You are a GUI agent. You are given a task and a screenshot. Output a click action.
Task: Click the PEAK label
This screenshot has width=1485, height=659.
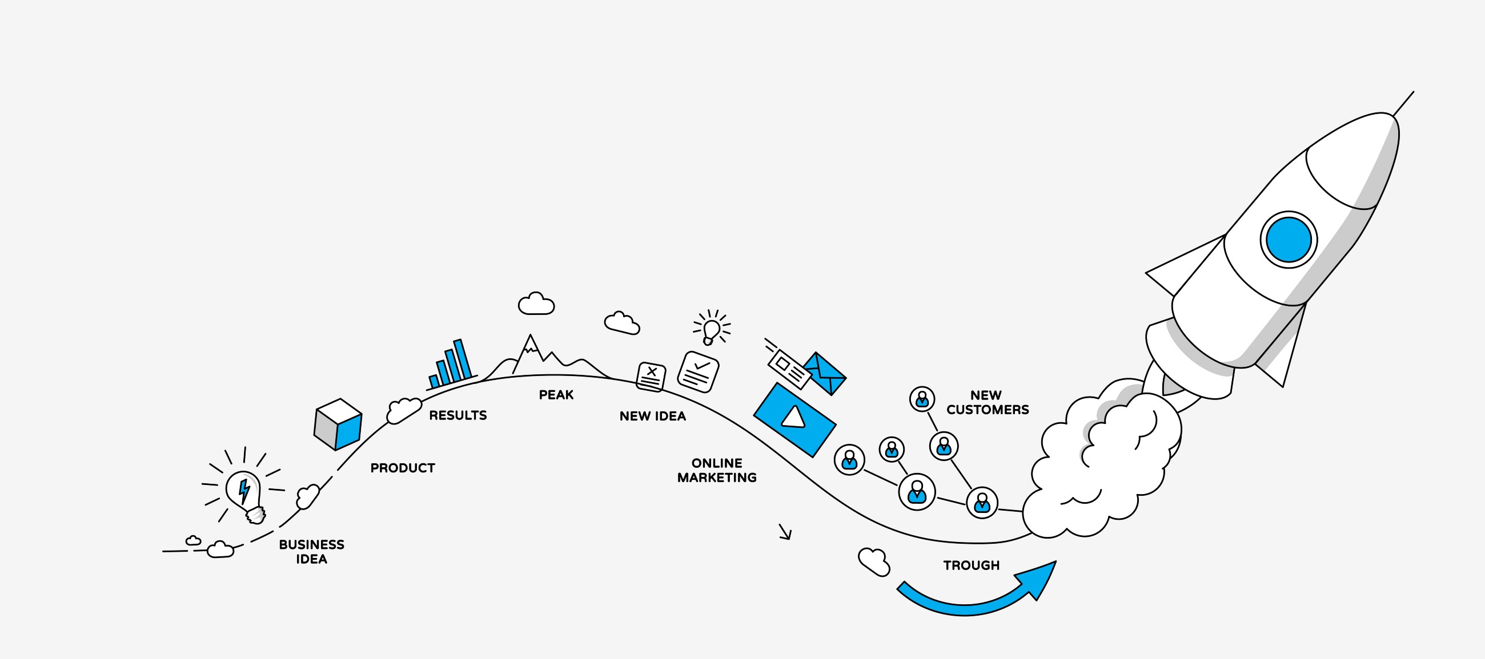point(556,395)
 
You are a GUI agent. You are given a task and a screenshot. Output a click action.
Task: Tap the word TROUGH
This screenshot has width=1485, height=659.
point(972,565)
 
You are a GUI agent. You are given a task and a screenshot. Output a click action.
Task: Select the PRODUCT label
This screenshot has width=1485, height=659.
point(403,468)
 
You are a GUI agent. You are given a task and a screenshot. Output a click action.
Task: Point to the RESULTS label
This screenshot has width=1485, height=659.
point(457,415)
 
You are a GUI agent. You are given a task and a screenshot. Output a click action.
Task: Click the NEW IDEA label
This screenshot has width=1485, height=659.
point(653,417)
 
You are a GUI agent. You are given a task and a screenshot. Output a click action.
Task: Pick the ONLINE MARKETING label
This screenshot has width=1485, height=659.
point(717,471)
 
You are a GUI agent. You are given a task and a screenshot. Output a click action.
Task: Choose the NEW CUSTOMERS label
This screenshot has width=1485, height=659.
point(987,403)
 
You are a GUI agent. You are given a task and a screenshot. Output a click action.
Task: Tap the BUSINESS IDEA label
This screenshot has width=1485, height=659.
point(311,552)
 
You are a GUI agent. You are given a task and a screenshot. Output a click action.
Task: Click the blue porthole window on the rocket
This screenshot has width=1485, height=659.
point(1289,240)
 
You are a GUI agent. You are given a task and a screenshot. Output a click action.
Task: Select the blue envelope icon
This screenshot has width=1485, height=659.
point(826,373)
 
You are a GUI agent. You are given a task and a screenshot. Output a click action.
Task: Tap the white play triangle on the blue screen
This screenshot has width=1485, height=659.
point(794,418)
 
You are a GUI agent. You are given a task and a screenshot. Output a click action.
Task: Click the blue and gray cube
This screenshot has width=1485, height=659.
point(338,424)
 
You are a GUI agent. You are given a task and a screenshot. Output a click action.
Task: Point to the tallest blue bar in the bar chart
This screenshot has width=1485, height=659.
point(462,360)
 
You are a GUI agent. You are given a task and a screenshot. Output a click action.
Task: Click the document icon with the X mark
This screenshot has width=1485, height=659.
point(651,377)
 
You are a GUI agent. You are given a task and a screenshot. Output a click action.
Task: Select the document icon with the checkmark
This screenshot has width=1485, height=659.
point(698,371)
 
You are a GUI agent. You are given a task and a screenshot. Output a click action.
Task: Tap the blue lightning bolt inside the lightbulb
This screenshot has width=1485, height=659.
point(244,490)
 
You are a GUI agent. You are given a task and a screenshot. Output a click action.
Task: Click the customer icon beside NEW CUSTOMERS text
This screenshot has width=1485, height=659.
point(922,399)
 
